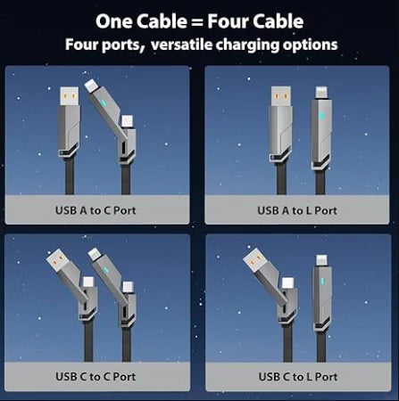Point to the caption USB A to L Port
pos(297,211)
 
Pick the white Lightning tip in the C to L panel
pos(318,257)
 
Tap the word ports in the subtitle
pos(120,44)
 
